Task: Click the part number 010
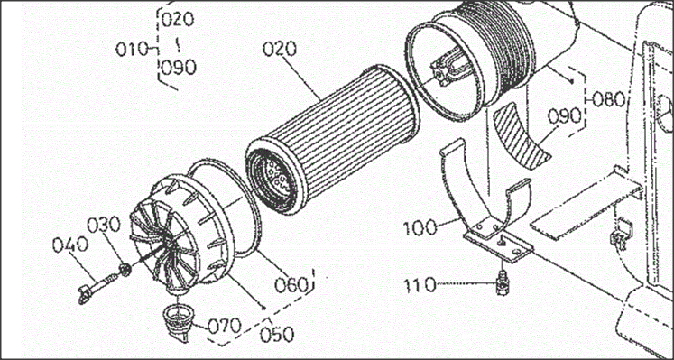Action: click(x=132, y=50)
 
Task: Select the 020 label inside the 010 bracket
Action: click(x=178, y=19)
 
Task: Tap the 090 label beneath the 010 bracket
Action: click(x=179, y=67)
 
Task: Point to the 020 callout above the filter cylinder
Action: click(x=280, y=49)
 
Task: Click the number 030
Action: click(x=105, y=226)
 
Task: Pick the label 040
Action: click(x=70, y=245)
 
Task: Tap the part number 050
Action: click(x=277, y=335)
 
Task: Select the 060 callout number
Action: click(x=292, y=284)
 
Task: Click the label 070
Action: click(x=225, y=326)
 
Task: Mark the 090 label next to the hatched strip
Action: click(x=565, y=116)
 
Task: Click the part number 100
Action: click(x=420, y=227)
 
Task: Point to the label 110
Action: click(x=420, y=284)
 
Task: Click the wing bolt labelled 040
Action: click(x=95, y=288)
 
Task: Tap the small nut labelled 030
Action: click(x=125, y=270)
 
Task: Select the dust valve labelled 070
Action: click(x=178, y=322)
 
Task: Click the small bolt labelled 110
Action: click(x=500, y=282)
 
